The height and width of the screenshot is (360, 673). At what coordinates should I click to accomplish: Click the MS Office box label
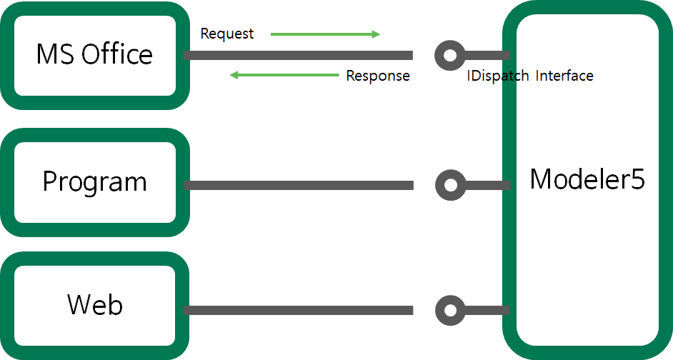94,54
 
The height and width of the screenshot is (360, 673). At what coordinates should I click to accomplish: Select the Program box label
94,181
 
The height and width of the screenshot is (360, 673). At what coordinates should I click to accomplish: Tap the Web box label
95,305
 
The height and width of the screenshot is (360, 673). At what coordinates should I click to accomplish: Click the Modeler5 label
587,179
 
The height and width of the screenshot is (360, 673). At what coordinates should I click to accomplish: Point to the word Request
226,34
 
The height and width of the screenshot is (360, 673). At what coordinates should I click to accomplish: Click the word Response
378,76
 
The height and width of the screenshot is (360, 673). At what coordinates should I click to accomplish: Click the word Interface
564,76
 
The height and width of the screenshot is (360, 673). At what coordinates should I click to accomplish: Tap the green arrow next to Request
325,34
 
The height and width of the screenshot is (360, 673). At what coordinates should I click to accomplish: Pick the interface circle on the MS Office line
449,55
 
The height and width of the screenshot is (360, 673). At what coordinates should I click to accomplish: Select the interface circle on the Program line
449,185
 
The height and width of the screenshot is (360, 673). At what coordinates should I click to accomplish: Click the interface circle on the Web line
449,310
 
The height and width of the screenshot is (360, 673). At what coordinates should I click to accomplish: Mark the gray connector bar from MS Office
298,55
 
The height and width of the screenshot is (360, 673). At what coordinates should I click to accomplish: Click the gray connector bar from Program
298,185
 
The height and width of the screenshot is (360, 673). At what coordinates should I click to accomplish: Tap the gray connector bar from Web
298,310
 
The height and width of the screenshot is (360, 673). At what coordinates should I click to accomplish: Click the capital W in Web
79,305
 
